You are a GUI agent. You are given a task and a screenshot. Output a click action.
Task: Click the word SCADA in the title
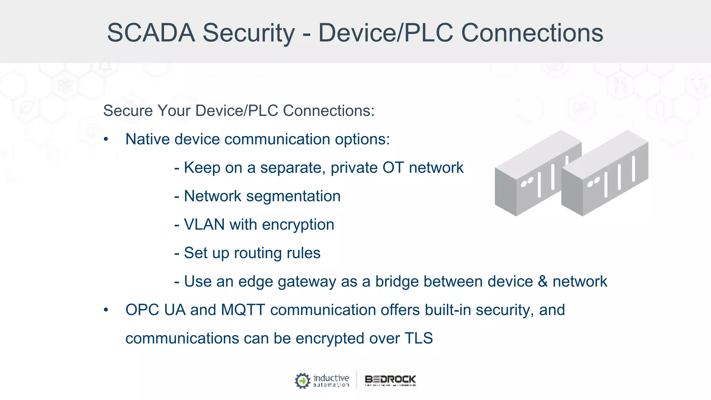tap(151, 33)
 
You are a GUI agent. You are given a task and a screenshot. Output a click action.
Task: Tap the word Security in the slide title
tap(249, 33)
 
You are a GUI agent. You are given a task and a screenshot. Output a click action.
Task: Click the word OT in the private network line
tap(393, 168)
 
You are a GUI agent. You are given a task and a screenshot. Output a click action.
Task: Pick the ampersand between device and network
tap(543, 282)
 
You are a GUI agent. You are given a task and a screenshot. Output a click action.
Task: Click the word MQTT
tap(243, 310)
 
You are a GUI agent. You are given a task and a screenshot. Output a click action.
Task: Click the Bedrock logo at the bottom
tap(390, 381)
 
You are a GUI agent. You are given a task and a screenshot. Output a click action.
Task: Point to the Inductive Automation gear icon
tap(302, 381)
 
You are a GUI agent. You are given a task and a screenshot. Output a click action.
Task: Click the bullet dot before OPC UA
tap(106, 310)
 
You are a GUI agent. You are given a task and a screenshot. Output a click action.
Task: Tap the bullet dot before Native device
tap(106, 140)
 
